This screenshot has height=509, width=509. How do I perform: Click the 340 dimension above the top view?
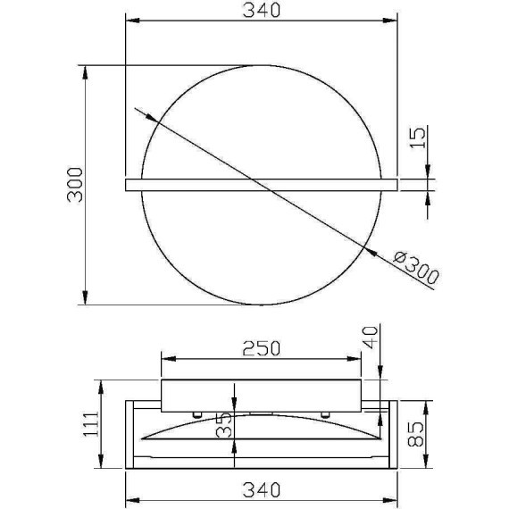pyautogui.click(x=262, y=10)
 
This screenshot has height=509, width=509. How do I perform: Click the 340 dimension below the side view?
pyautogui.click(x=262, y=490)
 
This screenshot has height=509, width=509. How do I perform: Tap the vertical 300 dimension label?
pyautogui.click(x=75, y=185)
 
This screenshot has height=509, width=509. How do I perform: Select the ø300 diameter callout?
pyautogui.click(x=416, y=268)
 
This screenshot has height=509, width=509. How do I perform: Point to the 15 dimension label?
pyautogui.click(x=417, y=138)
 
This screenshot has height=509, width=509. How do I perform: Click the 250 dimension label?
pyautogui.click(x=262, y=348)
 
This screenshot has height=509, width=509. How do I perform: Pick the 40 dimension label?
pyautogui.click(x=371, y=338)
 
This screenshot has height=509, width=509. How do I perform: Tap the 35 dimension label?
pyautogui.click(x=225, y=424)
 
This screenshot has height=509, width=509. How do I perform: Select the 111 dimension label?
pyautogui.click(x=92, y=424)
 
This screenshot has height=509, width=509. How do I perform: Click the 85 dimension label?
pyautogui.click(x=416, y=434)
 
